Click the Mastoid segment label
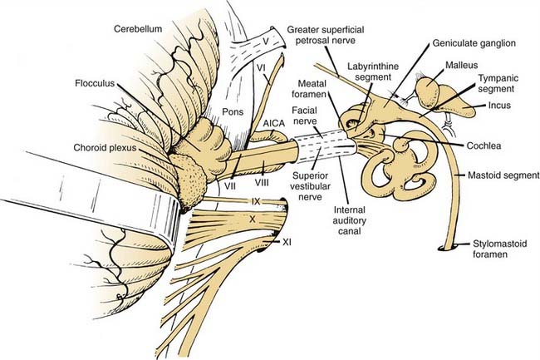coord(497,175)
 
